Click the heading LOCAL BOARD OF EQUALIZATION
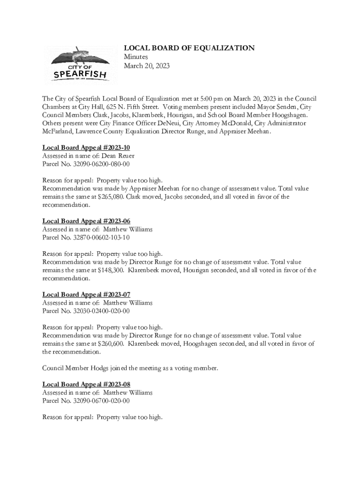point(189,48)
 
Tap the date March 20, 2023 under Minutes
point(146,66)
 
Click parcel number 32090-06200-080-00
point(101,164)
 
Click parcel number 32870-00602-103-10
point(101,238)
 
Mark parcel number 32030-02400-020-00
point(101,311)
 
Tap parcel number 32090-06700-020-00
point(101,401)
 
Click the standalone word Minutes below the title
point(136,57)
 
